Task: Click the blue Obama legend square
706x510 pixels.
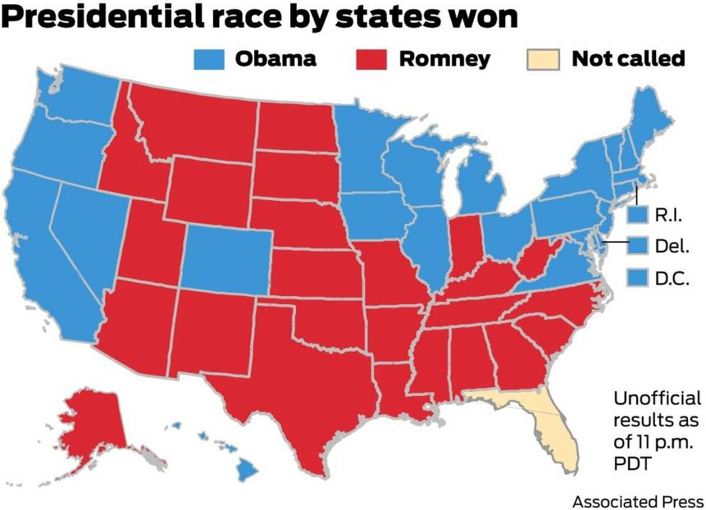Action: [x=209, y=59]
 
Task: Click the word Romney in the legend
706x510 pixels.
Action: [x=444, y=59]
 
